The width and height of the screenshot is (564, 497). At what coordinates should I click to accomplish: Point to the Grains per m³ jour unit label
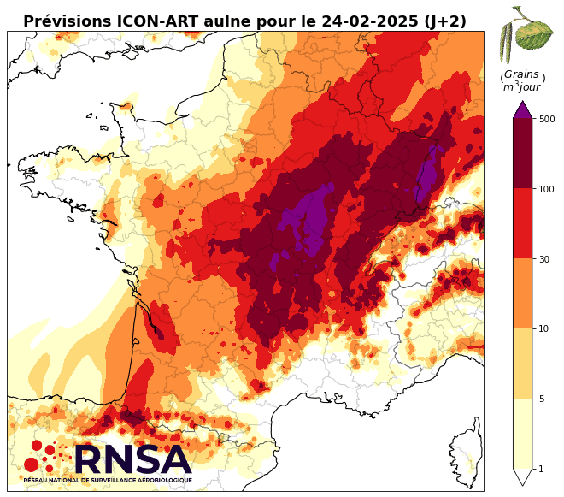pos(522,80)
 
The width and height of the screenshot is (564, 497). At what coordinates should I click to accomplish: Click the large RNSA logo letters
pos(132,460)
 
